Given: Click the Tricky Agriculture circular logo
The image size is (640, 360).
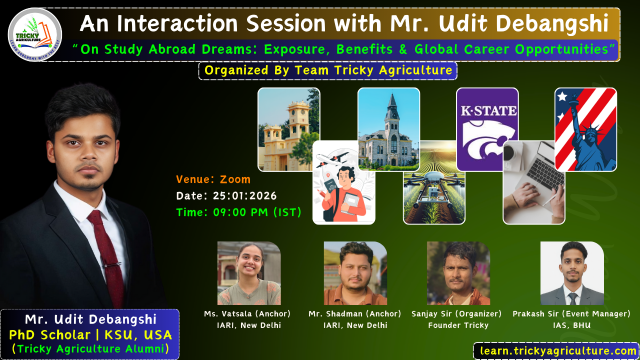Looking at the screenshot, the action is [35, 34].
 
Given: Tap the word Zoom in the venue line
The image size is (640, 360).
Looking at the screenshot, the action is [235, 179].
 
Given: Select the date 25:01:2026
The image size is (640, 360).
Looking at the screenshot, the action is [244, 195].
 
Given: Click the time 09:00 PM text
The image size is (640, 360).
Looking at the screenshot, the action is [240, 212].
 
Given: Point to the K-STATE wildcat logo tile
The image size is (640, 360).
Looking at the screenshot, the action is [487, 129].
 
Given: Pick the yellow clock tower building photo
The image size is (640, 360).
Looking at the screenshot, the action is [288, 129].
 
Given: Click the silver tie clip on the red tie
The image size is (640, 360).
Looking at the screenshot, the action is [112, 265].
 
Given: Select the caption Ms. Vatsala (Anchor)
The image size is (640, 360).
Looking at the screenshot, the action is [247, 313].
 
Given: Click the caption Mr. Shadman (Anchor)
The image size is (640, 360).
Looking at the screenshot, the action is [355, 313].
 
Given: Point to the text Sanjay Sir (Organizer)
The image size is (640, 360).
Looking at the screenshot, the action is [456, 313].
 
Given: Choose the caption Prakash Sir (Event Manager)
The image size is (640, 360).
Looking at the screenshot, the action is [571, 313].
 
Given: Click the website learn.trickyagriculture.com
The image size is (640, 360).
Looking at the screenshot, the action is [558, 351].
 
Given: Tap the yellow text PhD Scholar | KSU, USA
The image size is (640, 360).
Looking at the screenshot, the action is [90, 335].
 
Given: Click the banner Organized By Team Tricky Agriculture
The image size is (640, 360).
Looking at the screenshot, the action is [328, 70].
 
